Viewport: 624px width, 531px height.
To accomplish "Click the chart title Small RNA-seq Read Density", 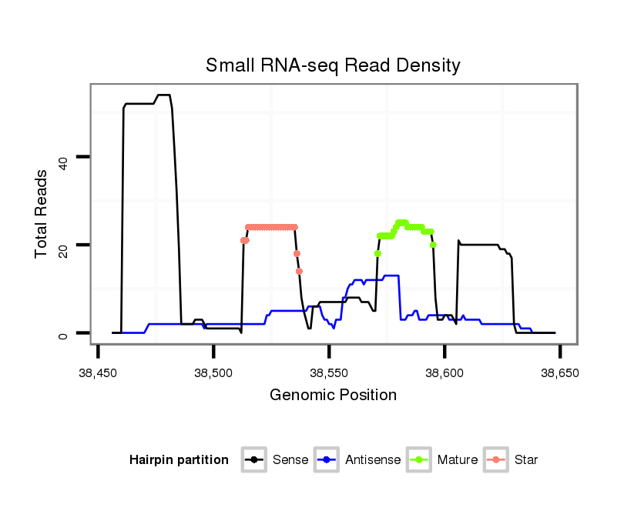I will point(333,65).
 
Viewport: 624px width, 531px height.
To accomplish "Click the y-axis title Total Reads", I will point(42,213).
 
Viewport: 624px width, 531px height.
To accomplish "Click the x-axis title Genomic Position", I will point(333,396).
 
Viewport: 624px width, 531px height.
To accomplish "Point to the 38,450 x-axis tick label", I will point(99,372).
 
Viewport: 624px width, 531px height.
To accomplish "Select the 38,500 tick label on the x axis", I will point(213,372).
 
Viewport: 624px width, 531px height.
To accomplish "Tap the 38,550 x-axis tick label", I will point(329,372).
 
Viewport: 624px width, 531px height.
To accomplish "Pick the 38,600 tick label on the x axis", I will point(445,372).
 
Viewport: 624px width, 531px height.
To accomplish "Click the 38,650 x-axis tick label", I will point(559,372).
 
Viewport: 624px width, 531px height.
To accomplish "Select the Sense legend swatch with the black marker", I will point(254,460).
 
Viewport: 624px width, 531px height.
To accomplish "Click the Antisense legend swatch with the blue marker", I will point(327,460).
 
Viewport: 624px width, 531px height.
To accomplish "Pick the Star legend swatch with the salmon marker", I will point(496,460).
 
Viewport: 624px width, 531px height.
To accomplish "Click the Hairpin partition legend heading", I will point(179,460).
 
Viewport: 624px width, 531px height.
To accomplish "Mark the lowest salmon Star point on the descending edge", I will point(299,271).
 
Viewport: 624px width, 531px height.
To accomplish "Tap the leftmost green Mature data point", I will point(377,253).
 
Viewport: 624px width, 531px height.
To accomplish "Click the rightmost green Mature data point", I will point(434,245).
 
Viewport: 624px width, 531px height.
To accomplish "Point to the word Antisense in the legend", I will point(373,460).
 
